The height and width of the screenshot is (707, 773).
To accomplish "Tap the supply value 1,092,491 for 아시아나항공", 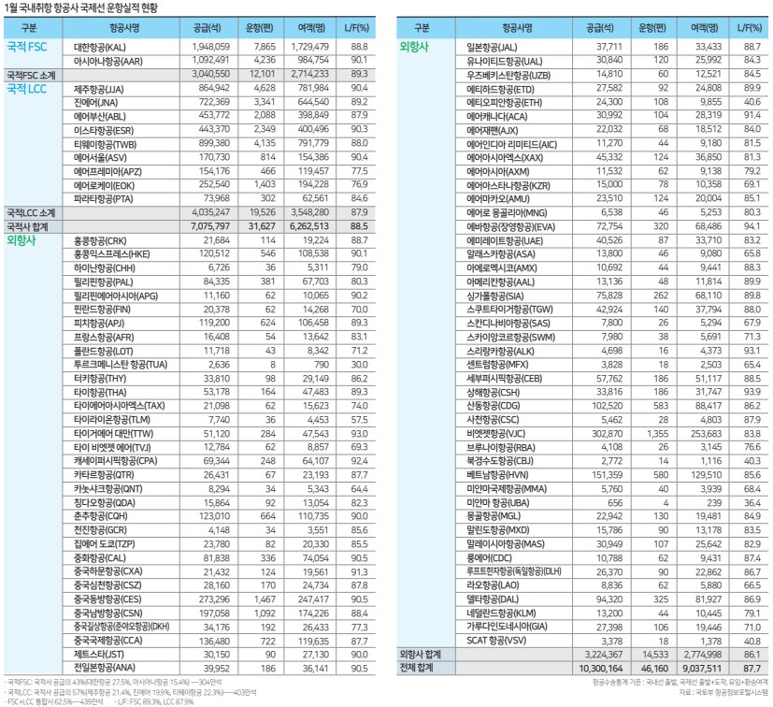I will point(209,59).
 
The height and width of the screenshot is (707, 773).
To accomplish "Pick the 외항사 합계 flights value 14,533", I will point(654,656).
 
